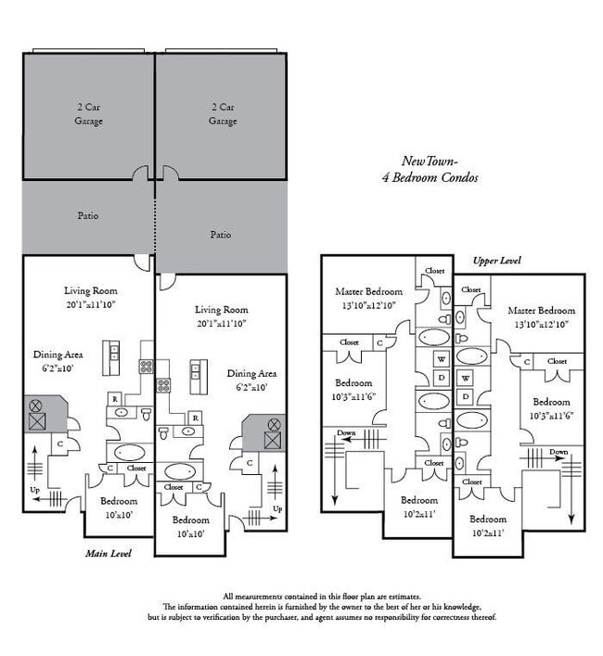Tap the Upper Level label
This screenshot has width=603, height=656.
point(497,261)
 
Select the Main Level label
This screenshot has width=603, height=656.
point(109,554)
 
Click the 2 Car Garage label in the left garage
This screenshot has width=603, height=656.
point(89,114)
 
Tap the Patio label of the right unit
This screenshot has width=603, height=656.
point(221,234)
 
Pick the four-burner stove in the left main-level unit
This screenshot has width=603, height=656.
point(146,367)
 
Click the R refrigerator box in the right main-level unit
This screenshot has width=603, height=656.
point(195,418)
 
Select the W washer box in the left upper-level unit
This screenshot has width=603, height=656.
point(442,359)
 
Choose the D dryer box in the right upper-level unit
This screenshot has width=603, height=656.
point(466,396)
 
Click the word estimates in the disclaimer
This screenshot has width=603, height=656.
point(404,597)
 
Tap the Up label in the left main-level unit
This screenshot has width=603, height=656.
point(35,490)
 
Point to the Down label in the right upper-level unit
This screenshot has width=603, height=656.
point(558,452)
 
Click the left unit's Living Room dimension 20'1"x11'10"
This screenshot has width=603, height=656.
point(90,304)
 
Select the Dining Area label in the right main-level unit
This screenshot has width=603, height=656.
point(251,373)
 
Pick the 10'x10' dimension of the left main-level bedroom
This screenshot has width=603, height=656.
point(119,515)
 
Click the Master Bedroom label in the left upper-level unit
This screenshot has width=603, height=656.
point(369,291)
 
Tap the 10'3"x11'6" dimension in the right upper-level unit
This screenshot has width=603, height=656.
point(551,416)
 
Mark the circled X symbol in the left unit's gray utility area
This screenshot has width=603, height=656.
point(36,405)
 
